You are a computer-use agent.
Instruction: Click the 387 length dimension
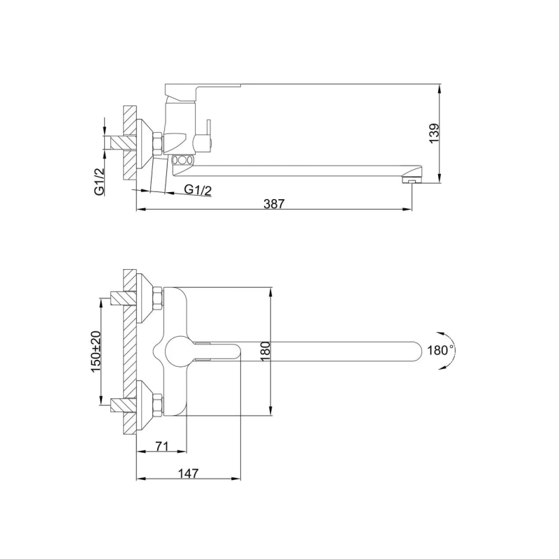click(274, 203)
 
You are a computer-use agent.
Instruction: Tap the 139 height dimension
click(434, 133)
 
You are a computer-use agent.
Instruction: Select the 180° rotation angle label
click(441, 351)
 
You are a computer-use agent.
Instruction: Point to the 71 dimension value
click(161, 446)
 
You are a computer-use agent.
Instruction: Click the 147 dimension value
click(188, 474)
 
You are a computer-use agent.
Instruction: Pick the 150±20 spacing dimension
click(96, 352)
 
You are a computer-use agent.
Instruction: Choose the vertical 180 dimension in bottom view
click(266, 351)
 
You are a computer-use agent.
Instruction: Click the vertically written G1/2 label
click(99, 182)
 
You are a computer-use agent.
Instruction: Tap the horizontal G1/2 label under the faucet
click(198, 190)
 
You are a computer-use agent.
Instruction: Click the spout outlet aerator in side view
click(412, 180)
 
